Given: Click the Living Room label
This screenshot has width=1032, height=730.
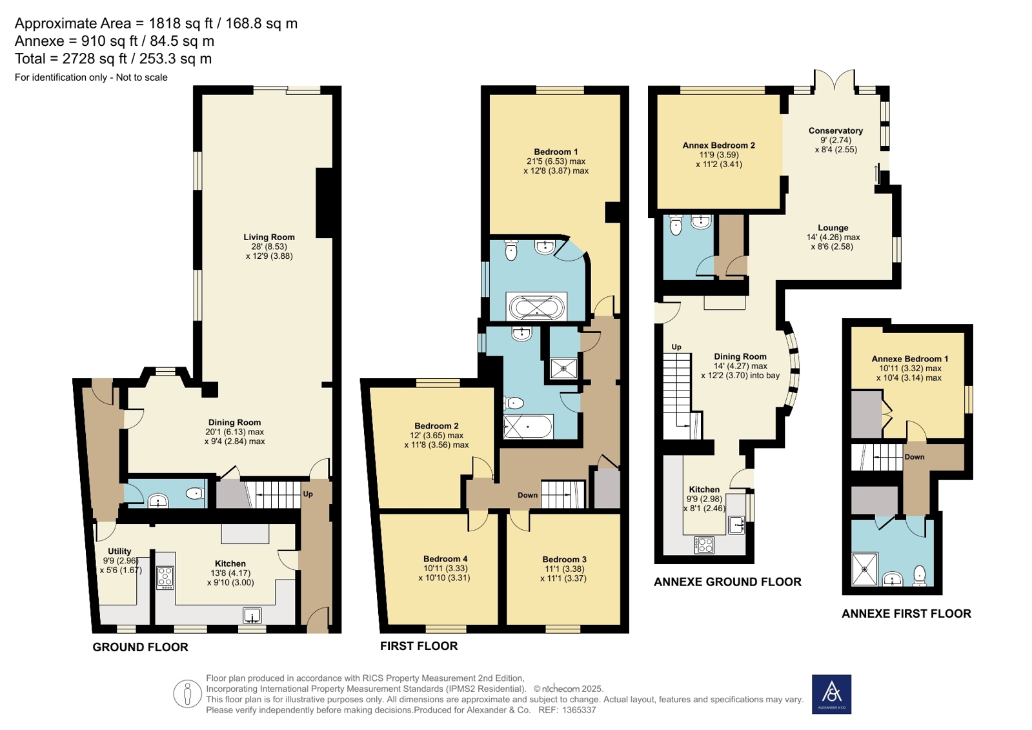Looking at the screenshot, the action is click(269, 238).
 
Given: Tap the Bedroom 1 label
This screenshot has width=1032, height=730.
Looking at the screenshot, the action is click(556, 152).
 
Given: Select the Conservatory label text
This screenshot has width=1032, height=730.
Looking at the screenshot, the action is click(836, 131).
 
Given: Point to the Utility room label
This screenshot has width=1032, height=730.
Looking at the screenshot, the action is click(119, 551).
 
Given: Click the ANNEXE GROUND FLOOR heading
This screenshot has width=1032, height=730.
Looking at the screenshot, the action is click(727, 582).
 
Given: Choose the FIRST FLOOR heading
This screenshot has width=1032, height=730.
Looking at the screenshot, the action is click(419, 646).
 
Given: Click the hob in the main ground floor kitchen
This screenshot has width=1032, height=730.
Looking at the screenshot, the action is click(165, 578).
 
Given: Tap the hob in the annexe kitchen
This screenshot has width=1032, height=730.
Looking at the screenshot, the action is click(704, 545).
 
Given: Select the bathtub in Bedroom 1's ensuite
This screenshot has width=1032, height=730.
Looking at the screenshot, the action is click(537, 307).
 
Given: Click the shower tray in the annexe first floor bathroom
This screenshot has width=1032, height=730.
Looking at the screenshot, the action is click(865, 570).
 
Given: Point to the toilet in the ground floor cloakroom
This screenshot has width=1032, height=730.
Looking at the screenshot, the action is click(195, 494).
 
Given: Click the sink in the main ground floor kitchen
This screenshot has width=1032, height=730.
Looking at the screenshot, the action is click(252, 616).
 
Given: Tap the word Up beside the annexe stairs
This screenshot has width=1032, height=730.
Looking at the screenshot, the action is click(676, 347).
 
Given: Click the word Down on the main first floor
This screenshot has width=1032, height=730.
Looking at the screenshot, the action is click(527, 495).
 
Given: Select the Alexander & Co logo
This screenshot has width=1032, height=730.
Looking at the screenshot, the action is click(831, 695).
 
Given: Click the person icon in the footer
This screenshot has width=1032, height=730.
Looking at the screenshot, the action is click(188, 694).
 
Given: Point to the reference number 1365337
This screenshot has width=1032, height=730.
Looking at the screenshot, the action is click(579, 710).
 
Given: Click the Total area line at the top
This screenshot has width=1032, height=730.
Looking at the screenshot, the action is click(114, 59).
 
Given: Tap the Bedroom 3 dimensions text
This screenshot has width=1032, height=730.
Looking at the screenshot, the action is click(563, 574).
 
